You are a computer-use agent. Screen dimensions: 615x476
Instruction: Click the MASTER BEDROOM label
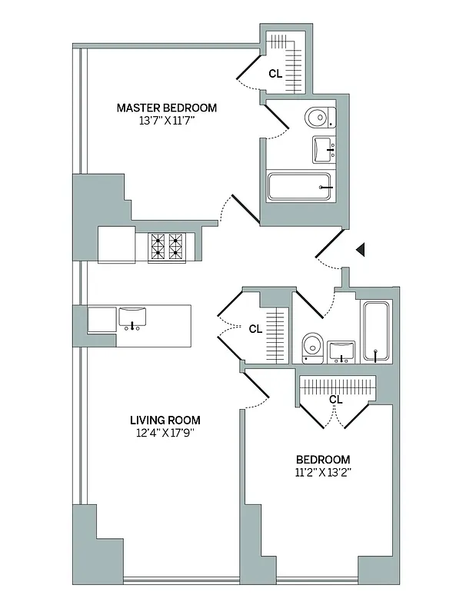pyautogui.click(x=166, y=108)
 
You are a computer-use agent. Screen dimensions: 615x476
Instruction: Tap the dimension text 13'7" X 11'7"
pyautogui.click(x=166, y=121)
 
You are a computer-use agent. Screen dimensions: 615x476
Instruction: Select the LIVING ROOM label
pyautogui.click(x=165, y=420)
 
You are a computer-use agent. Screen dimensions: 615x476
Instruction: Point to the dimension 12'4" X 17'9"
pyautogui.click(x=165, y=433)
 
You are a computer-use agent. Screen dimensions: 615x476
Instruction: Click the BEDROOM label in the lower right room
pyautogui.click(x=323, y=460)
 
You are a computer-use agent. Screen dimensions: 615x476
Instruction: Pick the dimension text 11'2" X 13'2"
pyautogui.click(x=323, y=473)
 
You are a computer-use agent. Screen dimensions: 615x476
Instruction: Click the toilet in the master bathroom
pyautogui.click(x=317, y=118)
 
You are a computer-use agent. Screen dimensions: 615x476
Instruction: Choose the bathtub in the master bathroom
pyautogui.click(x=299, y=187)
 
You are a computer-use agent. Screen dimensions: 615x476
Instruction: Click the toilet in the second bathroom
pyautogui.click(x=311, y=347)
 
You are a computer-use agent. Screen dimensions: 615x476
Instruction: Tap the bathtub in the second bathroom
pyautogui.click(x=376, y=333)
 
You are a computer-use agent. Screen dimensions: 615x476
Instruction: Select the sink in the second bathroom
pyautogui.click(x=340, y=351)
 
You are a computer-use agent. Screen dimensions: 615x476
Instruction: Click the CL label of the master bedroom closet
pyautogui.click(x=275, y=74)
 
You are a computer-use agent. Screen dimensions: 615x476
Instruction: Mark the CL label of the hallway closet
pyautogui.click(x=255, y=328)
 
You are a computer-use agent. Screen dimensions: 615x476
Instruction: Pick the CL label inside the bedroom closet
pyautogui.click(x=335, y=399)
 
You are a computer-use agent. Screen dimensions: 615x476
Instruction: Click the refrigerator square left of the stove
pyautogui.click(x=117, y=244)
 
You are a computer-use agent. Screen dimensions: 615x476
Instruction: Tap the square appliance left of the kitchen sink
pyautogui.click(x=102, y=319)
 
